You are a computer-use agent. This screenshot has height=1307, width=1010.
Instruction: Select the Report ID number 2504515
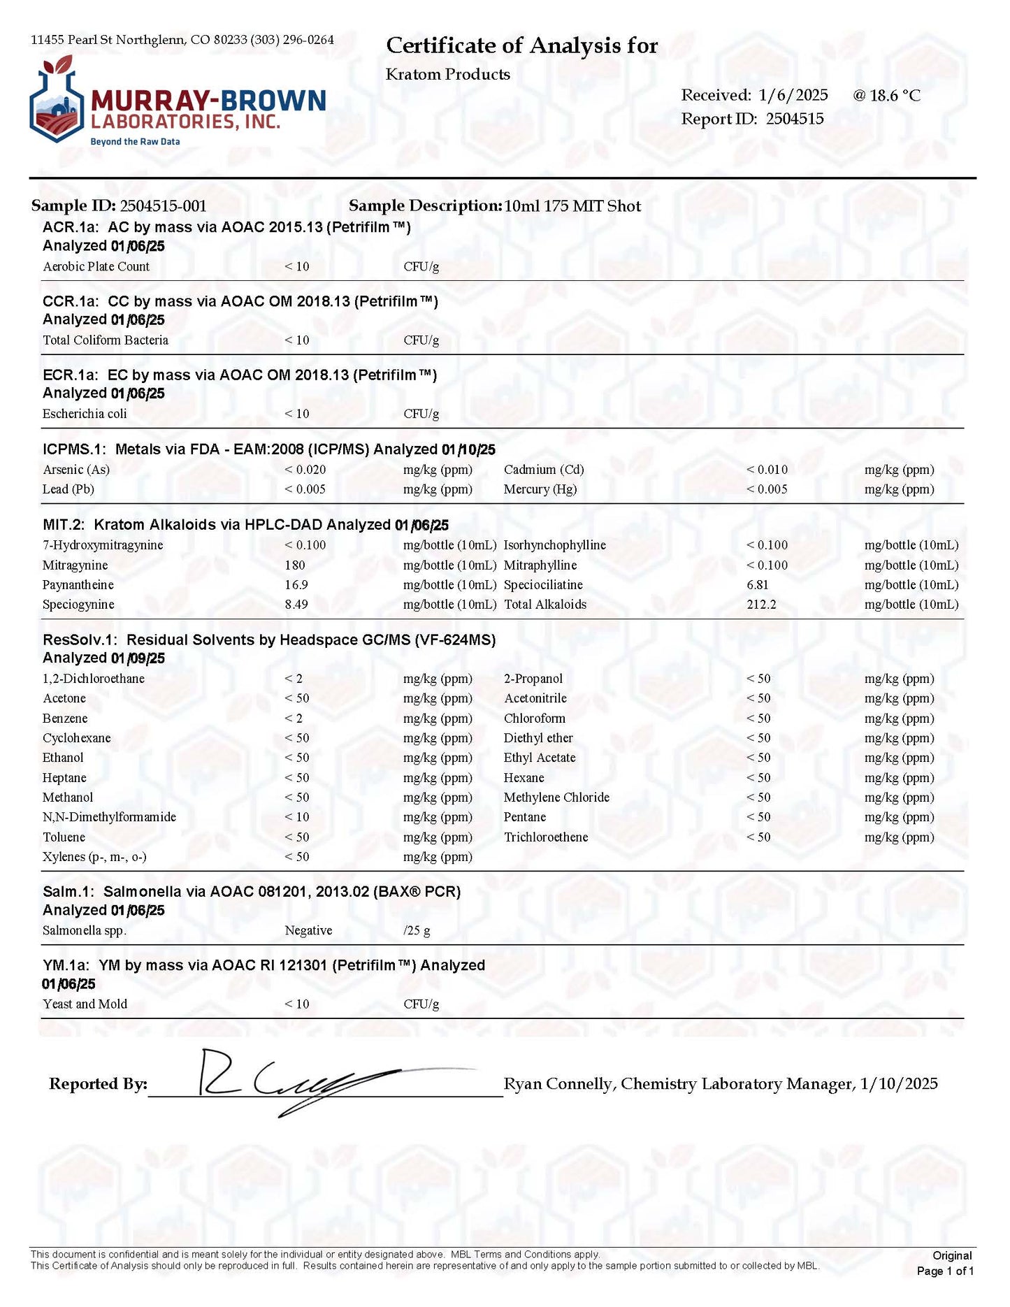point(795,119)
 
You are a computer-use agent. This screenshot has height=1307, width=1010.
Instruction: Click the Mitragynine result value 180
point(295,565)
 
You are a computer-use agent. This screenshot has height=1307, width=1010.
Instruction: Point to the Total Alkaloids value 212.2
point(761,605)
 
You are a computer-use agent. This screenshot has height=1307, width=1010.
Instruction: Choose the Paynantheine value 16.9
point(296,585)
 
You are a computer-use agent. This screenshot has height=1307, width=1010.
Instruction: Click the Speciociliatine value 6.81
point(758,585)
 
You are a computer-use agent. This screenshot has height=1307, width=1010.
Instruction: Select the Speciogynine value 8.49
point(296,605)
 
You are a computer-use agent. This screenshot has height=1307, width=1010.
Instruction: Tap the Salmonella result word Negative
point(308,931)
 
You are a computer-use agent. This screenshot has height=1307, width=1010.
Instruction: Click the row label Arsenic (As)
point(76,470)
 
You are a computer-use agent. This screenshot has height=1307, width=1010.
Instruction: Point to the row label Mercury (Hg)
point(540,489)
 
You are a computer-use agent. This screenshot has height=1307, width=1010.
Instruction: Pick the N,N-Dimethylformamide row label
point(109,817)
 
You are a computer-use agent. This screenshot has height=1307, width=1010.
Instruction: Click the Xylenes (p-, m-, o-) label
point(94,857)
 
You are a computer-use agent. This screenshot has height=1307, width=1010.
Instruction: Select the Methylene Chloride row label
point(556,797)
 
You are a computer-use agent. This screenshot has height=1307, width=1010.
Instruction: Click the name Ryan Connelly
point(558,1084)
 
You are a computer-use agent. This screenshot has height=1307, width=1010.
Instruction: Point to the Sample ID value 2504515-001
point(163,206)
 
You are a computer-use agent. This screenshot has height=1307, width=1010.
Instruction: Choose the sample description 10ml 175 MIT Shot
point(572,206)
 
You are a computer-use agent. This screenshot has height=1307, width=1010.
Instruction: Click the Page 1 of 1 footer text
point(945,1271)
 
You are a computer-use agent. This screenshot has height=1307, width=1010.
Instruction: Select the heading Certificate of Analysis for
point(521,46)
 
